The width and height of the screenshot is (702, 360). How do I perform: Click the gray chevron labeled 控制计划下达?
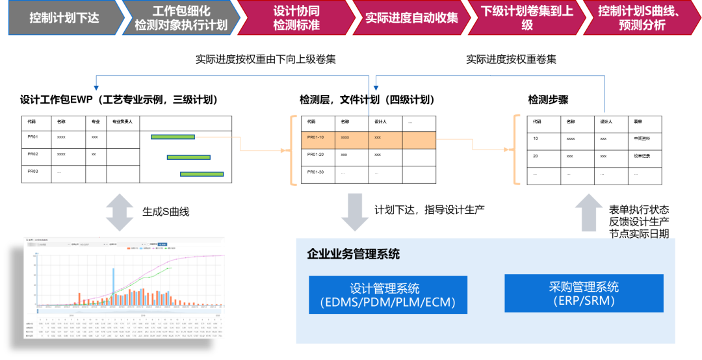[63, 18]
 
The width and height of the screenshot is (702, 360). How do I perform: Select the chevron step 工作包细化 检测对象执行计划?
[180, 18]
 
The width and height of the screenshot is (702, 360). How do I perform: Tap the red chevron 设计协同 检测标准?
[296, 18]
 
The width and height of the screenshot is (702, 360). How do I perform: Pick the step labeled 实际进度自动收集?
[411, 18]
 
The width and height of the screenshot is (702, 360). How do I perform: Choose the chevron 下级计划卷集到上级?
[526, 18]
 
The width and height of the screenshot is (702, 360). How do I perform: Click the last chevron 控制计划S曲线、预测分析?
[640, 18]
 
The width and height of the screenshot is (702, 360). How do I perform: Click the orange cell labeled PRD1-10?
[318, 140]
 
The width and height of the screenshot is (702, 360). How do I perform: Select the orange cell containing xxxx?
[352, 140]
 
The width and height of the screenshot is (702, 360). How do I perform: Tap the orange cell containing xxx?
[385, 140]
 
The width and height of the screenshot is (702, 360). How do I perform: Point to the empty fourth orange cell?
[419, 140]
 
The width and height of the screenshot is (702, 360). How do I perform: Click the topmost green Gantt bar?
[173, 137]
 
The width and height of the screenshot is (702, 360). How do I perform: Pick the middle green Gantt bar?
[188, 157]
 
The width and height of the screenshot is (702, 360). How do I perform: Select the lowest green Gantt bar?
[202, 174]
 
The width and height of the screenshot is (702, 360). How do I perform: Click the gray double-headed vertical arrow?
[120, 212]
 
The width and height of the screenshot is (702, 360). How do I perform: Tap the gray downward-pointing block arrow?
[355, 212]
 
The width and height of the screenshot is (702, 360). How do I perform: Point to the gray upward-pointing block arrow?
[589, 212]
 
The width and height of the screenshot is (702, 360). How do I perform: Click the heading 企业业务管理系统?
[353, 254]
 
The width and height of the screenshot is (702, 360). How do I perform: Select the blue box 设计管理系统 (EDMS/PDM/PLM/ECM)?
[388, 295]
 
